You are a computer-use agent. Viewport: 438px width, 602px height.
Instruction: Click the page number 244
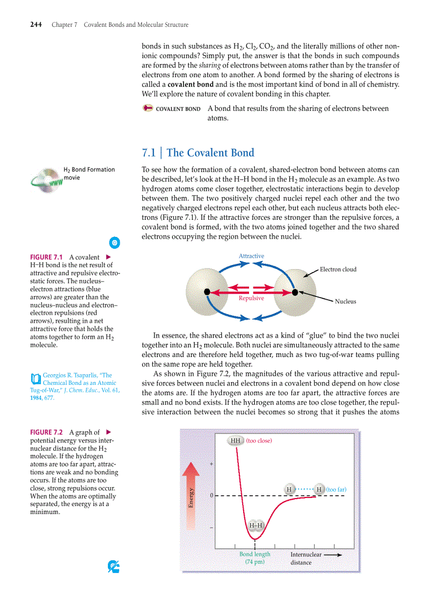(35, 25)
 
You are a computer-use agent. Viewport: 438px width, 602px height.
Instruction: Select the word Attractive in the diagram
(251, 256)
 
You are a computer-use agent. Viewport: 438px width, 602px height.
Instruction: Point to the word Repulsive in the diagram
(251, 298)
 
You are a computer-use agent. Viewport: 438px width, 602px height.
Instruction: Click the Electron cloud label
(338, 269)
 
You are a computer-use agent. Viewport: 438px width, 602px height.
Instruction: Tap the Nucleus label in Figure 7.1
(345, 301)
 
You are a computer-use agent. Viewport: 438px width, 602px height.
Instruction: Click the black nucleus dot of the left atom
(207, 292)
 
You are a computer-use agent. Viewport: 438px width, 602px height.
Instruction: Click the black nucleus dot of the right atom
(295, 292)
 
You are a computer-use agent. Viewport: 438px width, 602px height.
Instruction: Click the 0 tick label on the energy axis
(212, 496)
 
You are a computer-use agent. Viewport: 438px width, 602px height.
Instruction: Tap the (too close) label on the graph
(259, 441)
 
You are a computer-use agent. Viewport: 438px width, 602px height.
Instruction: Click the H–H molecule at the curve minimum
(255, 525)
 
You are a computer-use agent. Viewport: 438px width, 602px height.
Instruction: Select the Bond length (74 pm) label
(255, 558)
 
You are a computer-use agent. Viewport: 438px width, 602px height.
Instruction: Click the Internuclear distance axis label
(307, 558)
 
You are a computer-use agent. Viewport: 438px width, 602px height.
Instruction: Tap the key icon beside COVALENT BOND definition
(148, 108)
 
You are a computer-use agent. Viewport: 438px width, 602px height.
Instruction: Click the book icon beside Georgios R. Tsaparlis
(35, 378)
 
